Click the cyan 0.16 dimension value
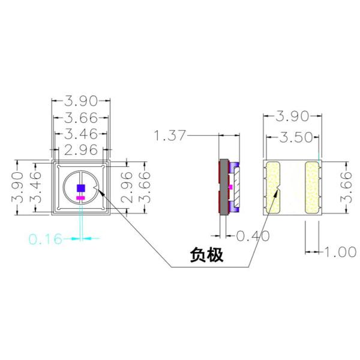click(46, 239)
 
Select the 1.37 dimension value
click(170, 136)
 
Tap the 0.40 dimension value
click(253, 236)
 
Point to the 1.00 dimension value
click(340, 252)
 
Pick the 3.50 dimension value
click(296, 137)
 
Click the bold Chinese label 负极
click(206, 254)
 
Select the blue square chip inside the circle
click(81, 188)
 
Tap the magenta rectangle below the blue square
click(80, 197)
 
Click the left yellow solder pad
click(273, 187)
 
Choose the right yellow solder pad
click(312, 187)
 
